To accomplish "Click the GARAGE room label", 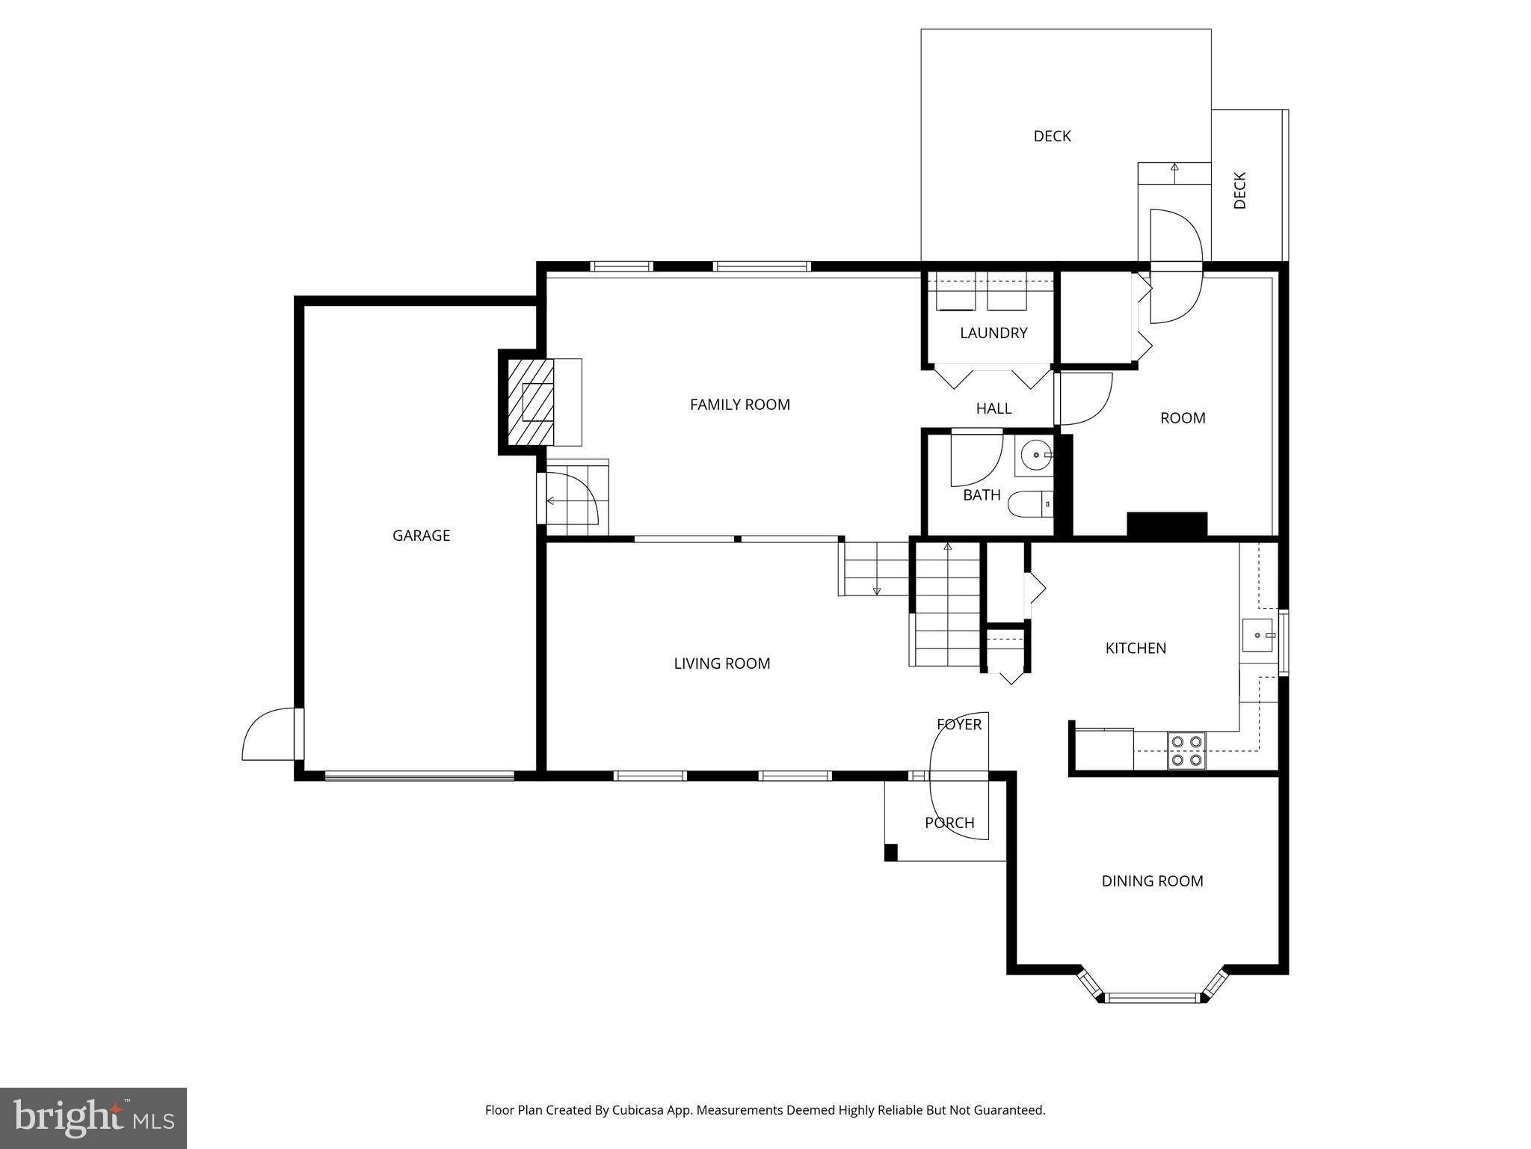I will tap(421, 536).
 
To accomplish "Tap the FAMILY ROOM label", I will tap(739, 405).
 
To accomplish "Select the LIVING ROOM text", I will tap(721, 664).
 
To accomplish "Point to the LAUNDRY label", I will tap(994, 333).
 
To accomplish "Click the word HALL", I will tap(994, 408).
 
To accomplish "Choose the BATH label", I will tap(982, 495).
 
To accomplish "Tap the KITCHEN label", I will tap(1136, 649).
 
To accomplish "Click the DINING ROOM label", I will tap(1152, 881).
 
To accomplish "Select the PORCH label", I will tap(949, 823).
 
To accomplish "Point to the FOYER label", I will tap(959, 724).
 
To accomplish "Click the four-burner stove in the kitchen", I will tap(1187, 750).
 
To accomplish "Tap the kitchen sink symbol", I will tap(1258, 635).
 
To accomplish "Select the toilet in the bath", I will tap(1029, 505).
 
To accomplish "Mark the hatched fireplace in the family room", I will tap(531, 402).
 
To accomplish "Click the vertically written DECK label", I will tap(1239, 191).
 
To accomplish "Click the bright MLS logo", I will tap(93, 1118).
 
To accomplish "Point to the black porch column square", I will tap(890, 852).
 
